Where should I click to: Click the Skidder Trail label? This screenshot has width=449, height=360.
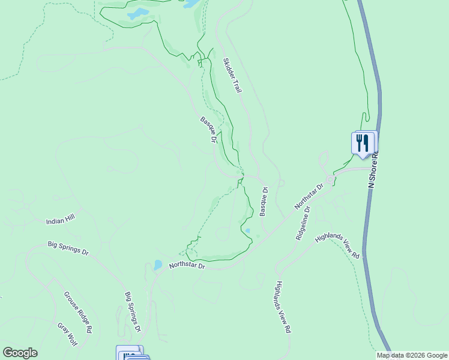click(232, 75)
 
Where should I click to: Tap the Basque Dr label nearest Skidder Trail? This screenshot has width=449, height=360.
click(208, 130)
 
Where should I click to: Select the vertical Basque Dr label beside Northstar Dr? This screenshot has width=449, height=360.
click(263, 202)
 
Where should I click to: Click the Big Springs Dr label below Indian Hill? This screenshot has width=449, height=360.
click(68, 248)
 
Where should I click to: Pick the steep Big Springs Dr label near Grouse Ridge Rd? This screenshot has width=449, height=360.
click(133, 312)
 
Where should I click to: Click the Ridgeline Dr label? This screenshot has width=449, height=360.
click(303, 223)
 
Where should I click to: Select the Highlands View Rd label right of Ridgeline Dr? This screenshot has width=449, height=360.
click(337, 246)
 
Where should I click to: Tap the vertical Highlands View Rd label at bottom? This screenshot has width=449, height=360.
click(283, 307)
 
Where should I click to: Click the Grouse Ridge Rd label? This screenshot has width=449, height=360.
click(78, 312)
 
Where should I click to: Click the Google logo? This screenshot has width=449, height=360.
click(20, 353)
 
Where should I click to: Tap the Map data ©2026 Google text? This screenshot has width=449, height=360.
click(412, 355)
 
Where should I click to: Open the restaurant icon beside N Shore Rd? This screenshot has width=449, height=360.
click(363, 143)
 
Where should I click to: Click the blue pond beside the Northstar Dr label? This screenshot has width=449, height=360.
click(157, 264)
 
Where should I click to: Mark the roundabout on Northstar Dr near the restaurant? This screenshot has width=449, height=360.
click(330, 179)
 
